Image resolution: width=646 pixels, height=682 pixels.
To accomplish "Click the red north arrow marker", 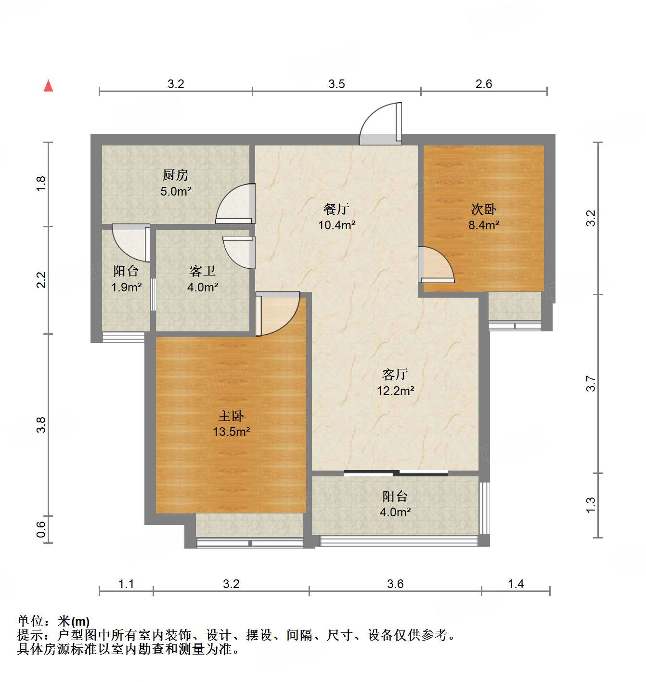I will coord(48,86).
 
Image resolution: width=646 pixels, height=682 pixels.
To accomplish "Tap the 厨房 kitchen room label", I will coord(175,175).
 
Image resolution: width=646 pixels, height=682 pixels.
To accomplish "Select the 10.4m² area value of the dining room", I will coord(336,225).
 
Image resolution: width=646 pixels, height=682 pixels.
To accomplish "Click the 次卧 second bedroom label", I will coord(483,209).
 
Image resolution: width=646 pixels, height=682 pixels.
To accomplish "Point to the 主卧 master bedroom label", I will coord(231,416).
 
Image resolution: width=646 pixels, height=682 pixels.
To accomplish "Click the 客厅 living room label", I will coord(395,374).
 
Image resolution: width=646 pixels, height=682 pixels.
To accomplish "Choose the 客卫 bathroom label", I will coord(203,271).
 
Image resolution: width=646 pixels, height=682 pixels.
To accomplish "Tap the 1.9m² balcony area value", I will coord(126,288).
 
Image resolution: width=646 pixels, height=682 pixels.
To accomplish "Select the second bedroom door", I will coord(435,265).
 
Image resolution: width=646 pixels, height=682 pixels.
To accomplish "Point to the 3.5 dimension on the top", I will coord(336,84).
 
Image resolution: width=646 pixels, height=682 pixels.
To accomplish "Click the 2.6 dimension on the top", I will coord(483,84).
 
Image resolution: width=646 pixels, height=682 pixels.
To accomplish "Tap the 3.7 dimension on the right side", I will coord(591,384).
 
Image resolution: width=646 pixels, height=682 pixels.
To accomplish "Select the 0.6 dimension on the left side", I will coord(41,529).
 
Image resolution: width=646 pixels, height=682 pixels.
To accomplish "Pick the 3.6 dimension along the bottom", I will coord(395,584).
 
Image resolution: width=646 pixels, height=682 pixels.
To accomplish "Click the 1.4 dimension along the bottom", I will coord(516,584).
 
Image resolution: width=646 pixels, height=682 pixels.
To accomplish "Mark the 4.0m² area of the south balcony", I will coord(395,512).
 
